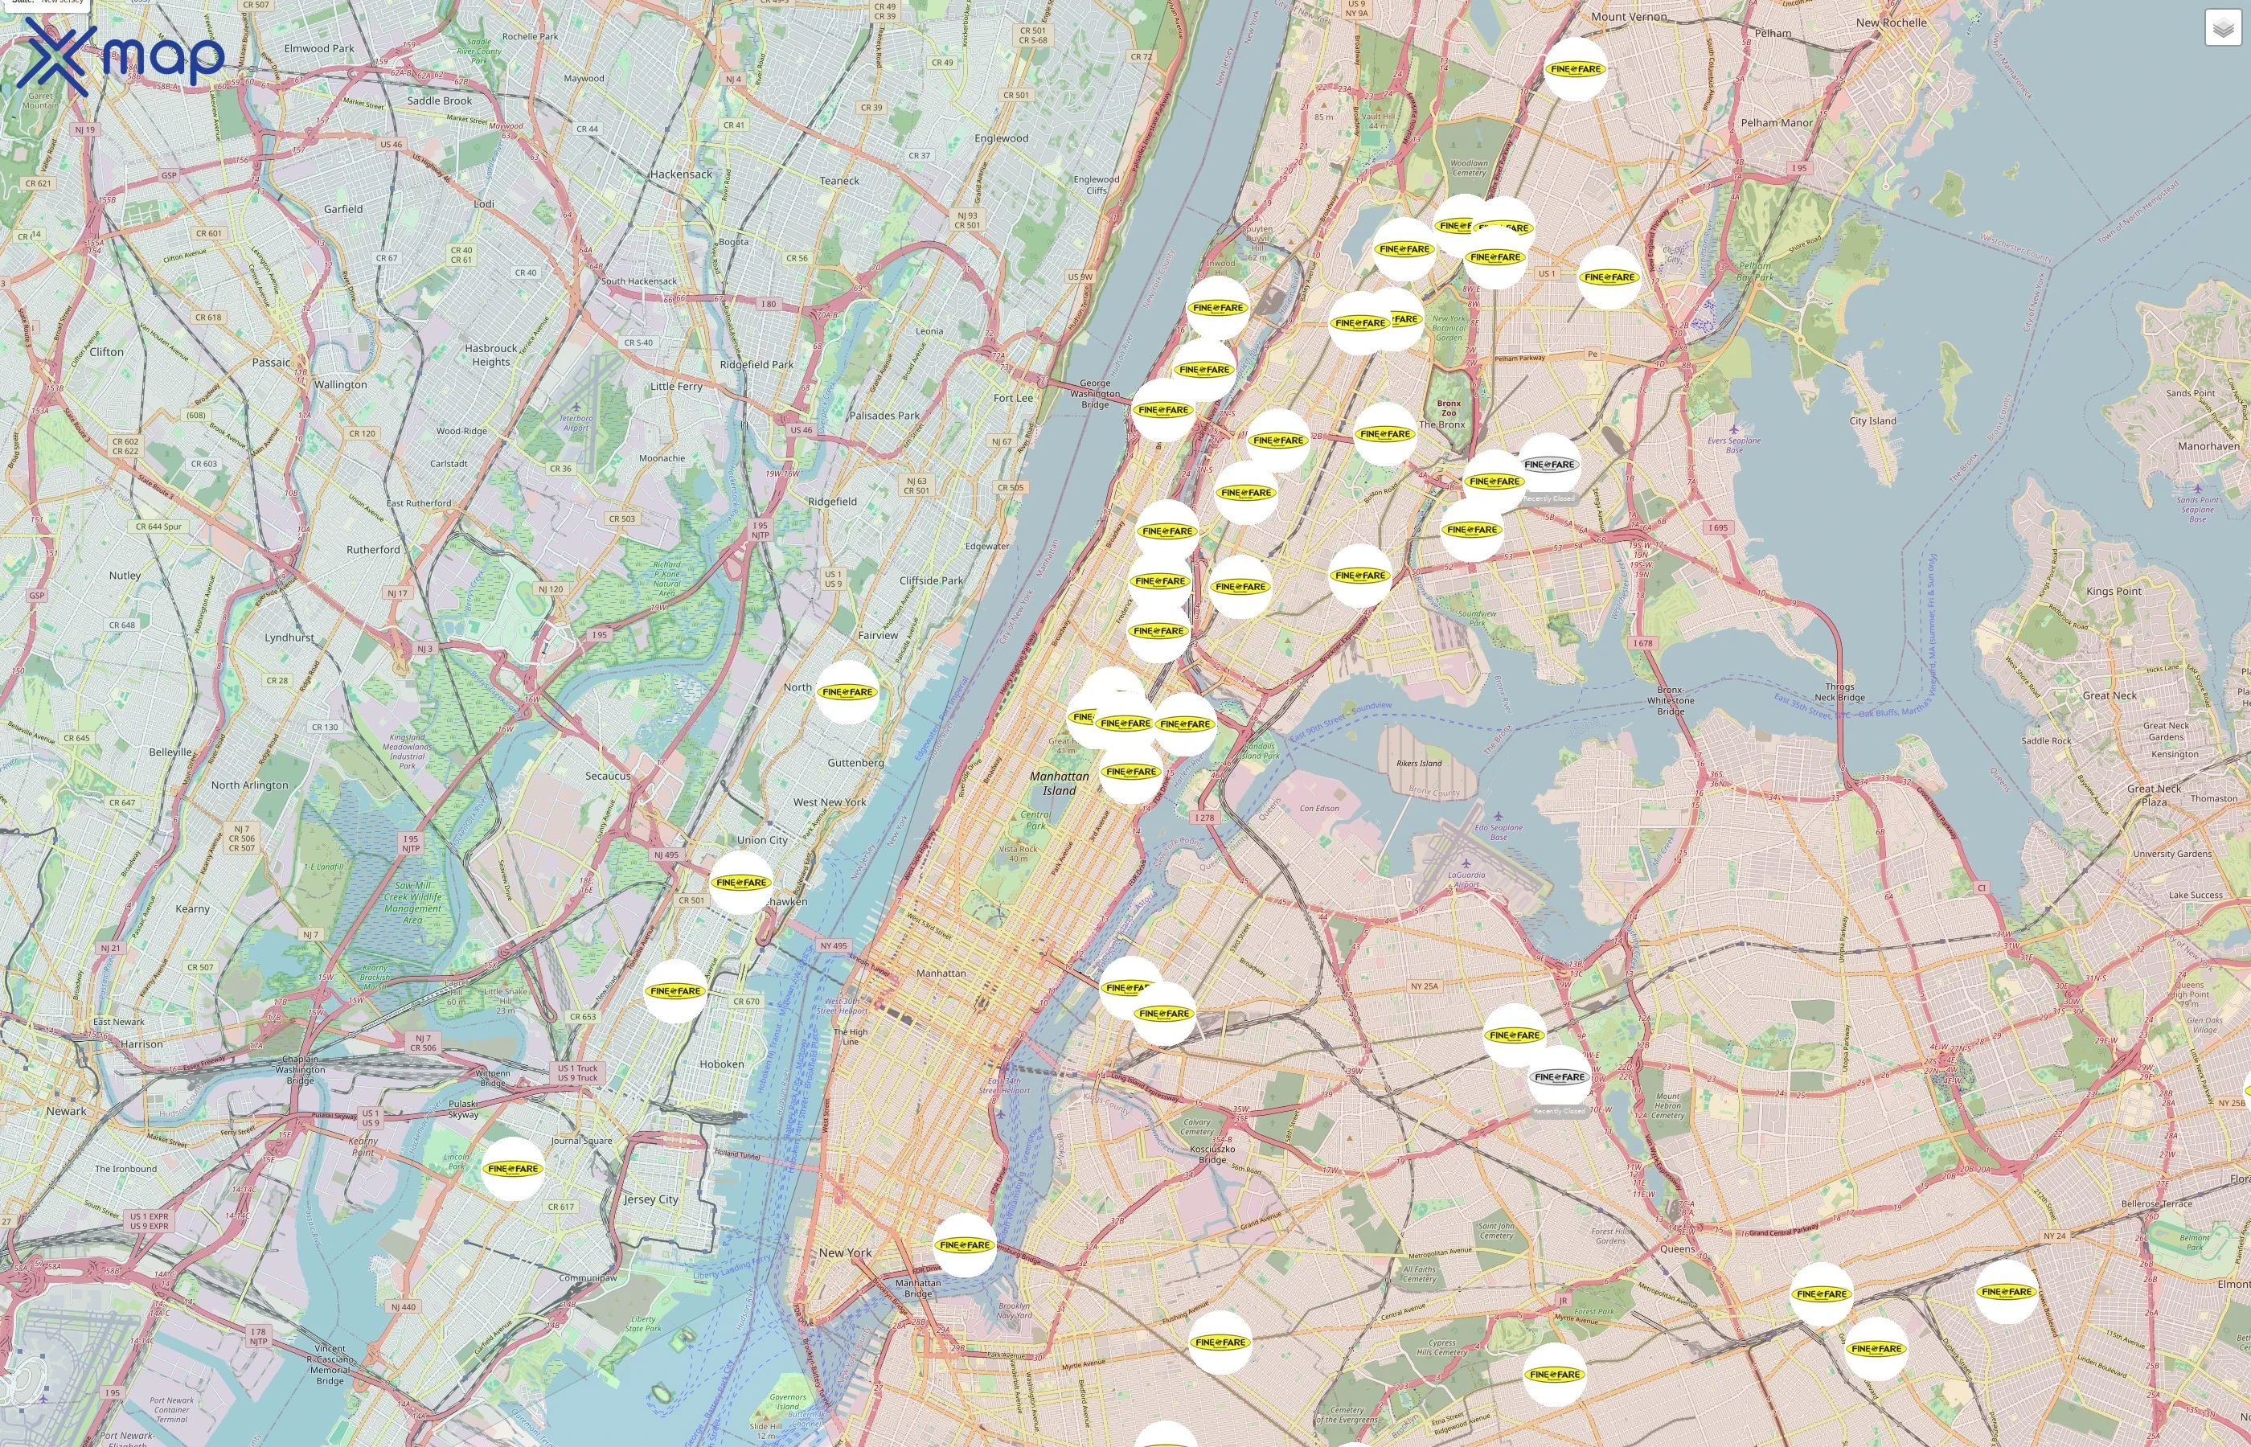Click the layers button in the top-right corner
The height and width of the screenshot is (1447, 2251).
pos(2223,28)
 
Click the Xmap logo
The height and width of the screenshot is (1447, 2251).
pos(121,56)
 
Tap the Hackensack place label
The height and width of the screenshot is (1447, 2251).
pos(681,174)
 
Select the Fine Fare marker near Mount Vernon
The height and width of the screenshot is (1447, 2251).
pos(1576,69)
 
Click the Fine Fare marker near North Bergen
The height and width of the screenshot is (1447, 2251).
pos(847,692)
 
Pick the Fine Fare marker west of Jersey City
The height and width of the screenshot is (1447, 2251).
pos(513,1169)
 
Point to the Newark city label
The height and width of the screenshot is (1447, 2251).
pos(67,1112)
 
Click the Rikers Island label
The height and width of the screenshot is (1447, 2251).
pos(1419,764)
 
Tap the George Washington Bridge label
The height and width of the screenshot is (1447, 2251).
pos(1094,394)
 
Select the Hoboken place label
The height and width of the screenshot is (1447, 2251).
pos(721,1064)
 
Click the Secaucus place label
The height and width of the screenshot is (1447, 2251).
pos(608,776)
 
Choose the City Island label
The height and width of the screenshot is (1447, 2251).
pos(1872,421)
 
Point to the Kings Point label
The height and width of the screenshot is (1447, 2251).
pos(2114,592)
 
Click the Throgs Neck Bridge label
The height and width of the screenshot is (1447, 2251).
pos(1839,691)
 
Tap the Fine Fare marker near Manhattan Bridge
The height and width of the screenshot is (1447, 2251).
pos(965,1245)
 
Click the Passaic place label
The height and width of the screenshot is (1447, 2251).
pos(272,363)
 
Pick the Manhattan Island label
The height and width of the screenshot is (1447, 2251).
pos(1059,784)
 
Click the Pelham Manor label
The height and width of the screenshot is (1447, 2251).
pos(1777,123)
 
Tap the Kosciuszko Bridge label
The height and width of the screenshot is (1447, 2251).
pos(1212,1154)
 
